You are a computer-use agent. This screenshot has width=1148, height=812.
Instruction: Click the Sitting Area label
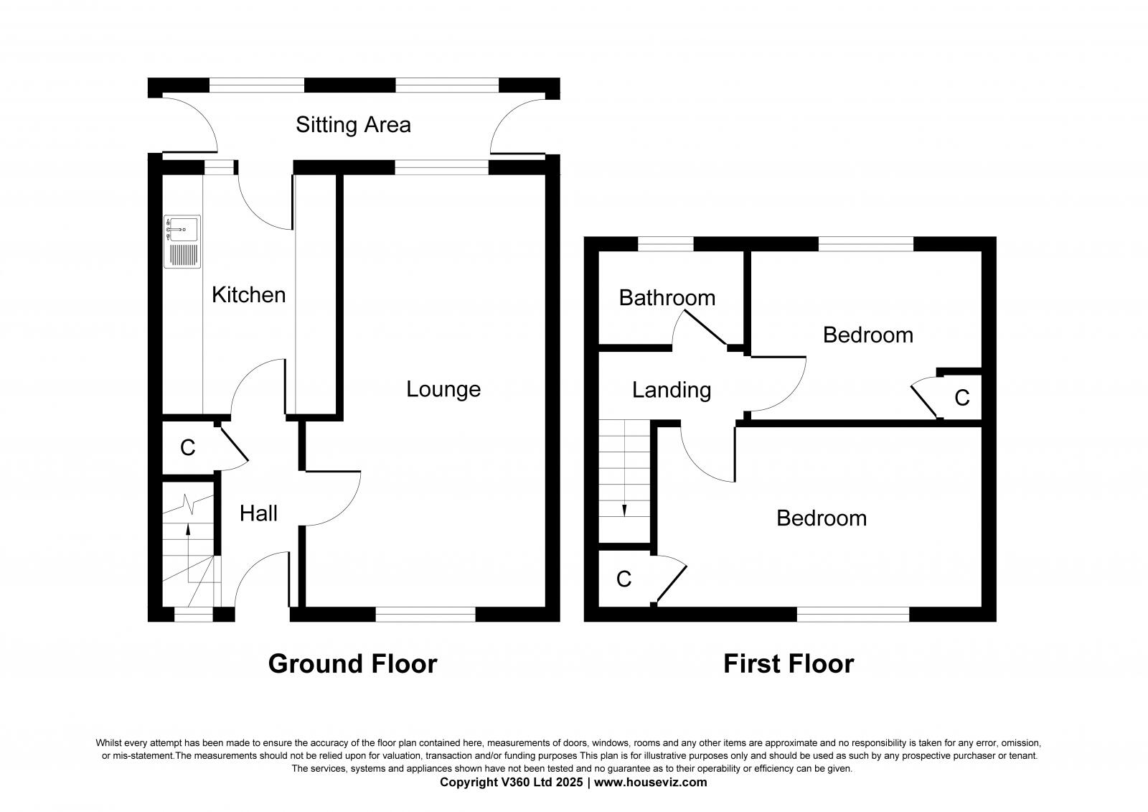click(x=353, y=125)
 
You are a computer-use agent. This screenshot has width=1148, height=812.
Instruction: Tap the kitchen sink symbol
click(x=182, y=242)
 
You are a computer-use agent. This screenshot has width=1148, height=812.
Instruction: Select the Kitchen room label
click(x=248, y=294)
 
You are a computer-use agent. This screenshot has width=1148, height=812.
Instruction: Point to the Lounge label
click(x=443, y=389)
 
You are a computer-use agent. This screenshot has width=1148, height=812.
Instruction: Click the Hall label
click(x=258, y=513)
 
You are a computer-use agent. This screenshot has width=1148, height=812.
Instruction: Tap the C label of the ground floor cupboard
click(x=187, y=448)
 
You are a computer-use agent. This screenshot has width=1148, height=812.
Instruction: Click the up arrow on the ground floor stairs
click(x=189, y=530)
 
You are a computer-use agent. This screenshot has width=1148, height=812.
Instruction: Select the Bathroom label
click(x=667, y=297)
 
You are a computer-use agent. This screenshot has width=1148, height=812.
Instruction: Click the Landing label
click(x=671, y=390)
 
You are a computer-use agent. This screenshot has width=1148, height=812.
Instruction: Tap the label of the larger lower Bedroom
click(x=821, y=518)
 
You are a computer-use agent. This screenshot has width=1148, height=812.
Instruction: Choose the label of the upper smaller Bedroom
click(x=867, y=335)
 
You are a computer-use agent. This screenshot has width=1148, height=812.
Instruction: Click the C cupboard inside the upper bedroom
click(x=961, y=397)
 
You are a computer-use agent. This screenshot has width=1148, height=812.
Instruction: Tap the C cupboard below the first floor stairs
click(x=624, y=579)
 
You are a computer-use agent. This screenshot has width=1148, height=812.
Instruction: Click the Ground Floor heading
click(x=352, y=663)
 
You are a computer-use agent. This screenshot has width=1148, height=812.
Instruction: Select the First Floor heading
click(x=788, y=663)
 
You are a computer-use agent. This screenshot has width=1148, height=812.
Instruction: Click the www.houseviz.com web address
click(x=650, y=783)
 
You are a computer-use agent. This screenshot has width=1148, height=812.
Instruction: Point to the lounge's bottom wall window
click(x=425, y=614)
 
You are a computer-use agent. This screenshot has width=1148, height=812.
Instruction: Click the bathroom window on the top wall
click(x=666, y=244)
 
